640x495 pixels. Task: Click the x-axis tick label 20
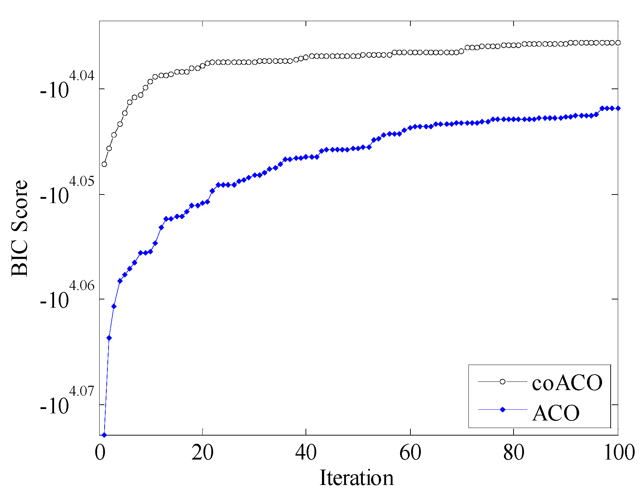(203, 453)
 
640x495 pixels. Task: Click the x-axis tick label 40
(306, 453)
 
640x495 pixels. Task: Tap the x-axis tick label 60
(410, 453)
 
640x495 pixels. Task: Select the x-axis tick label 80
(514, 453)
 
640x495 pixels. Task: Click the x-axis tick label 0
(100, 453)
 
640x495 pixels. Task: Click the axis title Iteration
(356, 478)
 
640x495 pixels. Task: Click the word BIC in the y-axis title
(20, 260)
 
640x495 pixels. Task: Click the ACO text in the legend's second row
(556, 413)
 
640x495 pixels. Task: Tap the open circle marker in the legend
(502, 382)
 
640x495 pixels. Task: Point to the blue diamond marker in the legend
(502, 410)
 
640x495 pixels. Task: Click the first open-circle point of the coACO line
(104, 164)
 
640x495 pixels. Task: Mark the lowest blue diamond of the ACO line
(104, 435)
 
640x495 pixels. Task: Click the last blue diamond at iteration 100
(618, 108)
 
